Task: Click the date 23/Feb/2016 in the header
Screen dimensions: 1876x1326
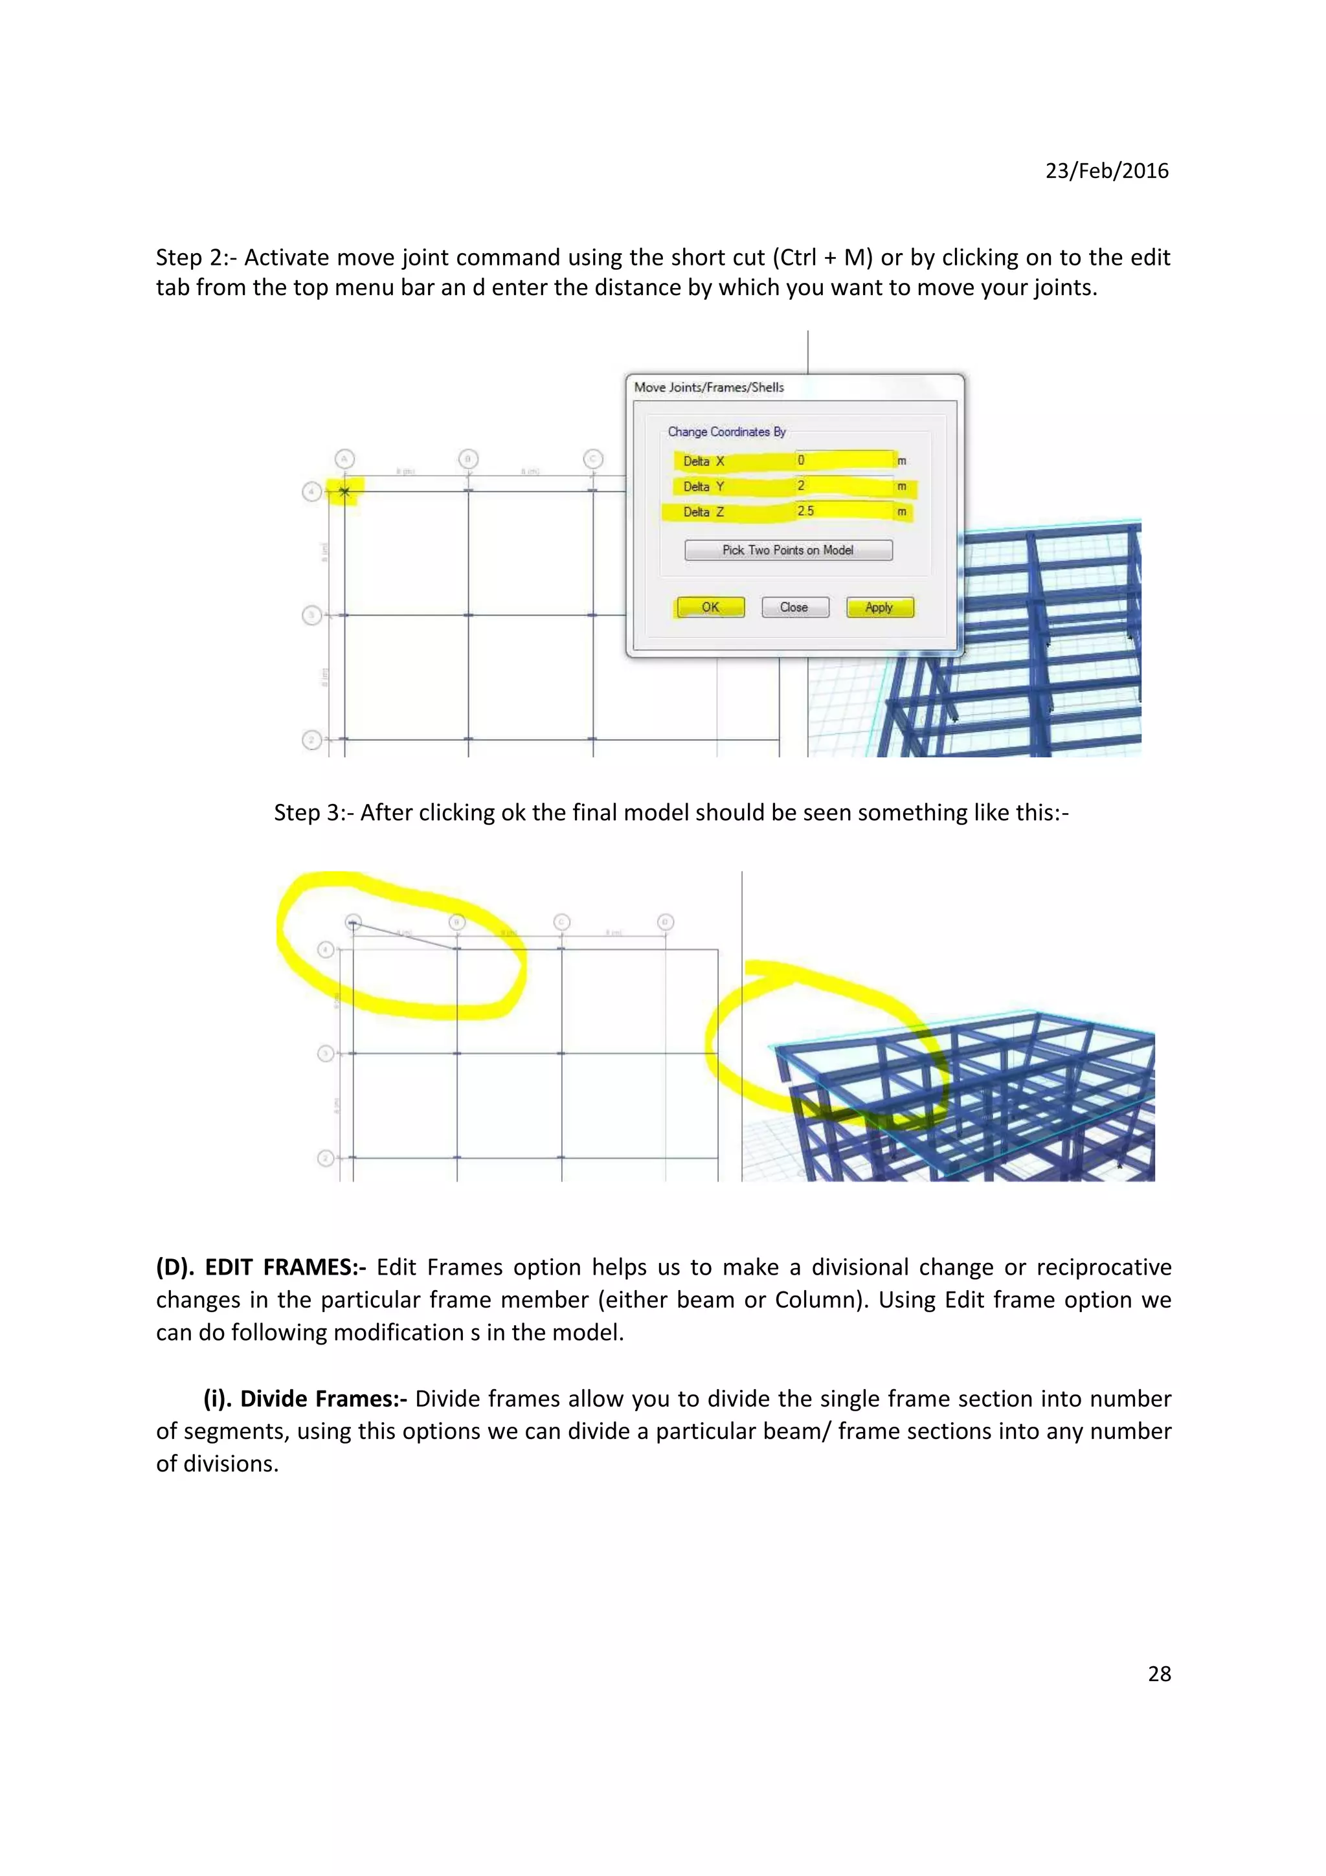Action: click(1107, 170)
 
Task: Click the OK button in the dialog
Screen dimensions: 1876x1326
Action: click(710, 607)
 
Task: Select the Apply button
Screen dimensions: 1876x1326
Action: click(879, 607)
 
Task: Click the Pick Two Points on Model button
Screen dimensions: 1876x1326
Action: click(787, 550)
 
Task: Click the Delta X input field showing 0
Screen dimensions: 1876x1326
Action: click(844, 460)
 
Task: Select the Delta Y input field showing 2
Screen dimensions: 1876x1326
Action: click(844, 486)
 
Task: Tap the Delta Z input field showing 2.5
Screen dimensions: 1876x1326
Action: click(844, 511)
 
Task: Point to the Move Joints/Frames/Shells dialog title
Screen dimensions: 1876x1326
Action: click(708, 387)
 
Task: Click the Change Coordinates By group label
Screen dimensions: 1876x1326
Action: click(726, 431)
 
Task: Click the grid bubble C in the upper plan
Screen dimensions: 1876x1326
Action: click(593, 459)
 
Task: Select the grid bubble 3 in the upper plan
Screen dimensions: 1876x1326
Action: click(311, 614)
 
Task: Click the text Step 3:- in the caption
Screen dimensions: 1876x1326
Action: click(314, 812)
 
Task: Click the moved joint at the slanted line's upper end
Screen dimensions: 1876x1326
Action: click(353, 922)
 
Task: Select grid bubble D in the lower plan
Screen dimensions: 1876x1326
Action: click(665, 922)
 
